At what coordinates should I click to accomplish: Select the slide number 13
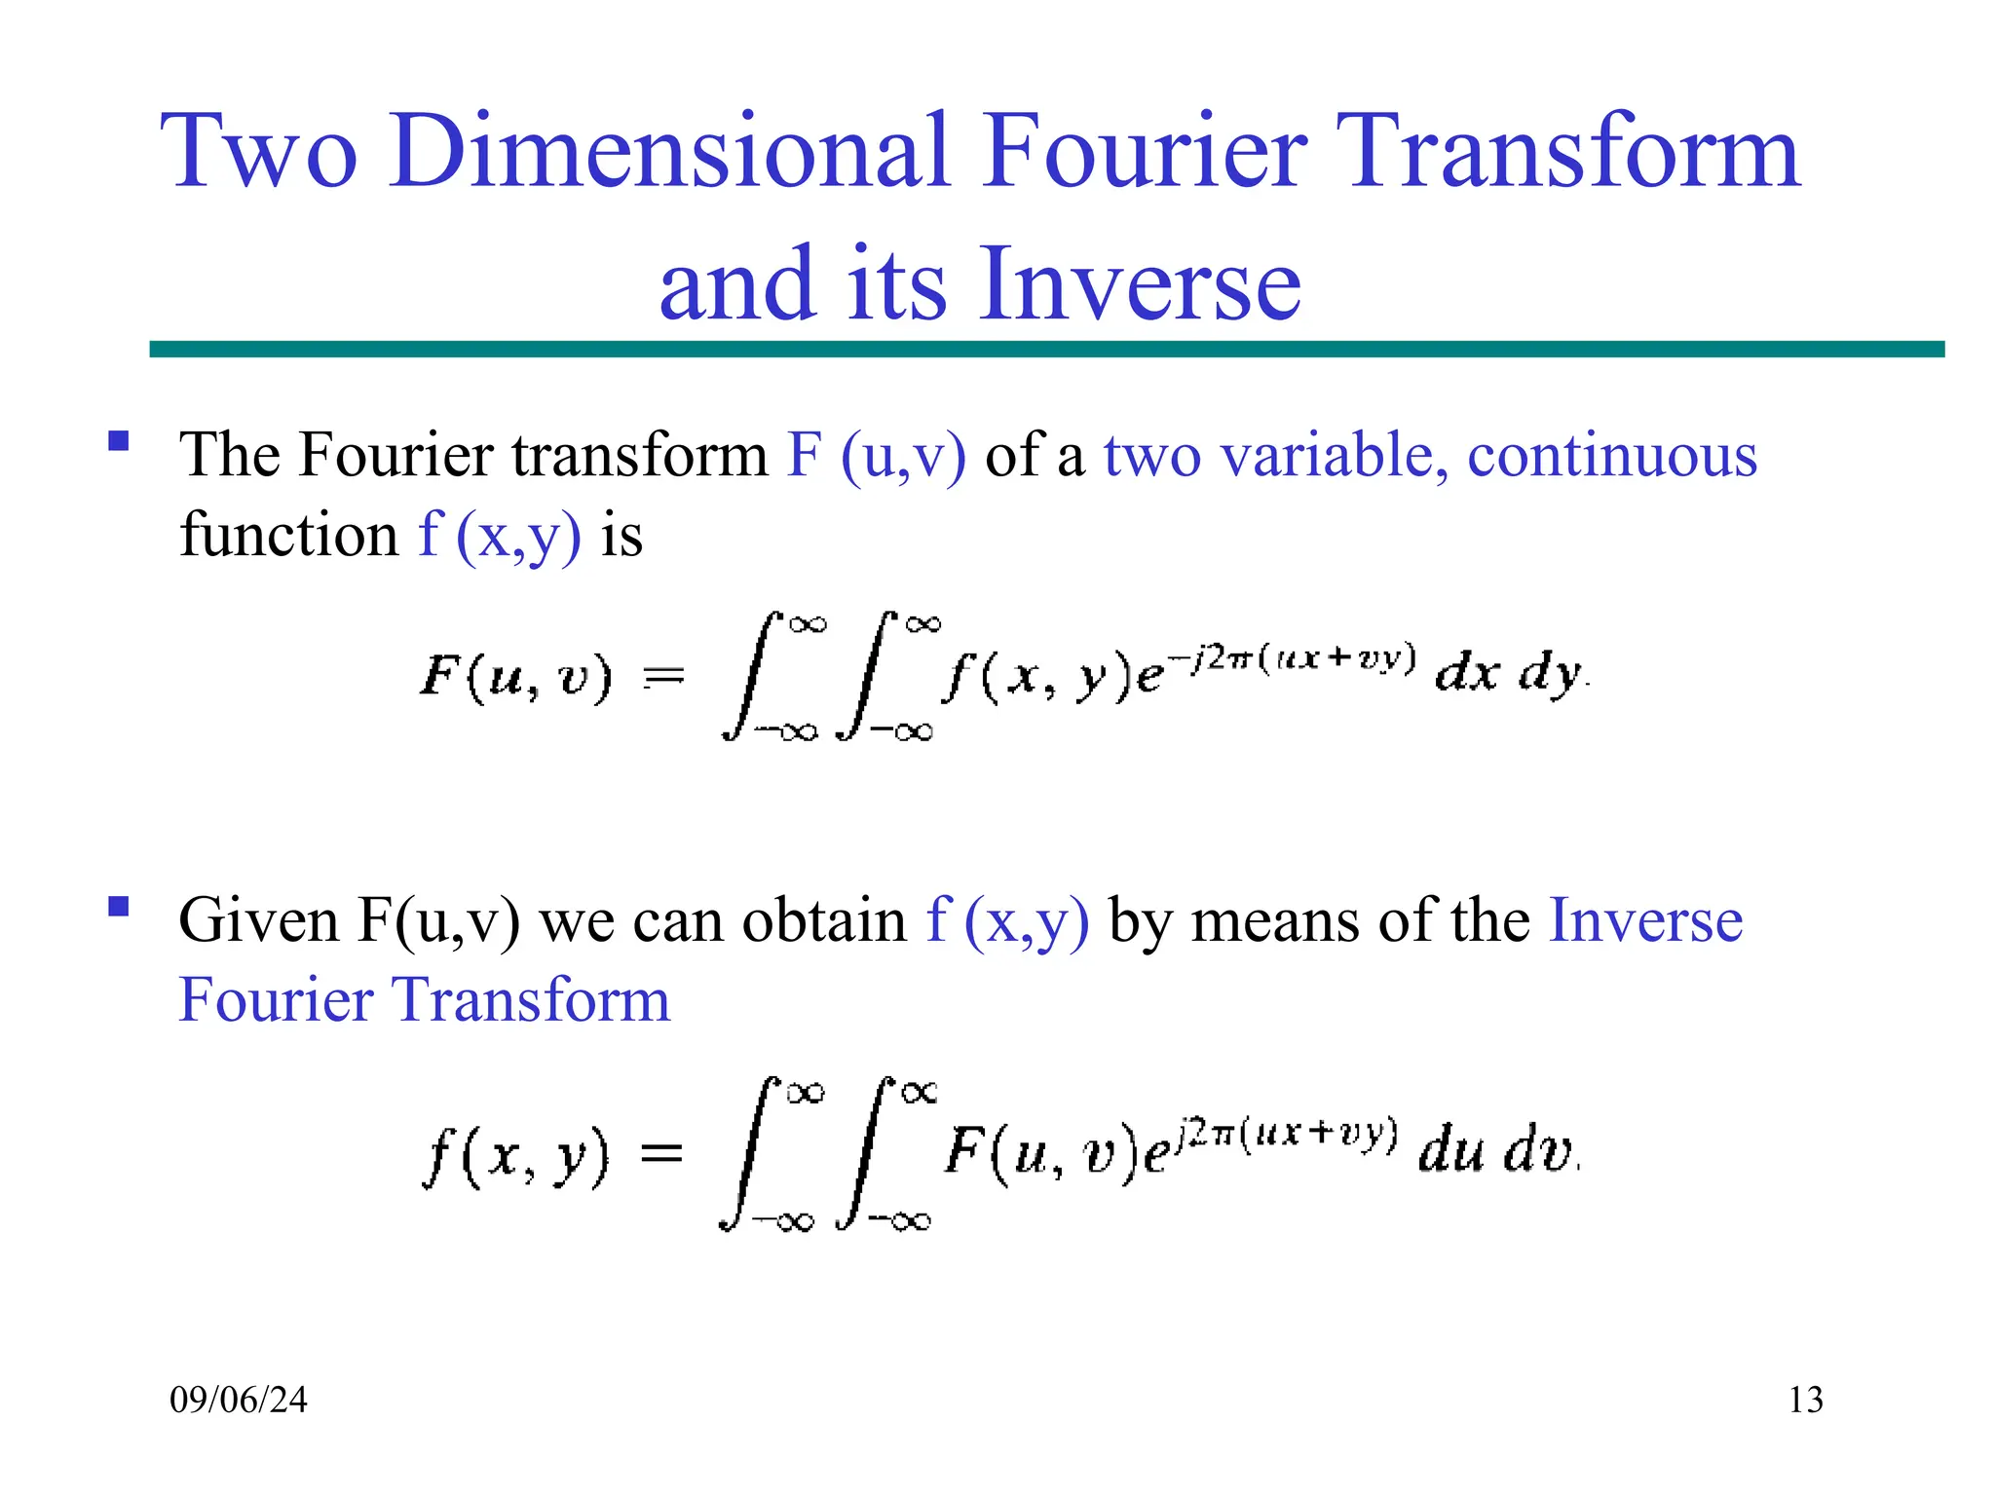coord(1805,1401)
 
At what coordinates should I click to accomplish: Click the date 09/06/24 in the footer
coord(239,1401)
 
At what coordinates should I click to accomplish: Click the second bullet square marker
coord(119,907)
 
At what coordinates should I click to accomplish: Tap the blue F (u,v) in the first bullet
coord(877,456)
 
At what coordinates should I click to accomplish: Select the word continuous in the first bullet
coord(1612,456)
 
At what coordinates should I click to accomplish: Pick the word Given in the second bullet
coord(259,920)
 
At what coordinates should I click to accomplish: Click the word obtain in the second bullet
coord(824,920)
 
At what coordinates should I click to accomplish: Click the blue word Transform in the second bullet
coord(531,1000)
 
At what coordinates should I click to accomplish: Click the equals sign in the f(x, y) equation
coord(662,1155)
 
